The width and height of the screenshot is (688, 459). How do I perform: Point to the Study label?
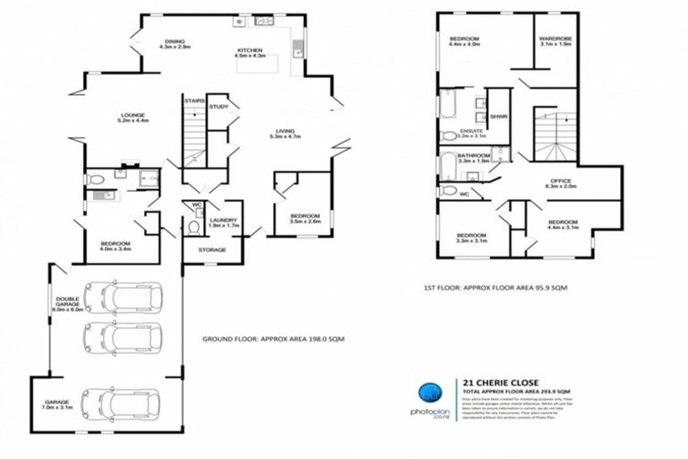pos(218,108)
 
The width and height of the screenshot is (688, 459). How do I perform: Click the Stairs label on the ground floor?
pos(193,101)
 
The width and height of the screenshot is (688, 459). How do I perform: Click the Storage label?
pos(212,250)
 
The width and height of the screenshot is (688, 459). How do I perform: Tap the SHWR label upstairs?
pos(499,117)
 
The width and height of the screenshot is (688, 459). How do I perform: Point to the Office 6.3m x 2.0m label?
pos(561,184)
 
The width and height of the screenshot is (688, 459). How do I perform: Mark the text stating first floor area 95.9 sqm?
pos(502,288)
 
